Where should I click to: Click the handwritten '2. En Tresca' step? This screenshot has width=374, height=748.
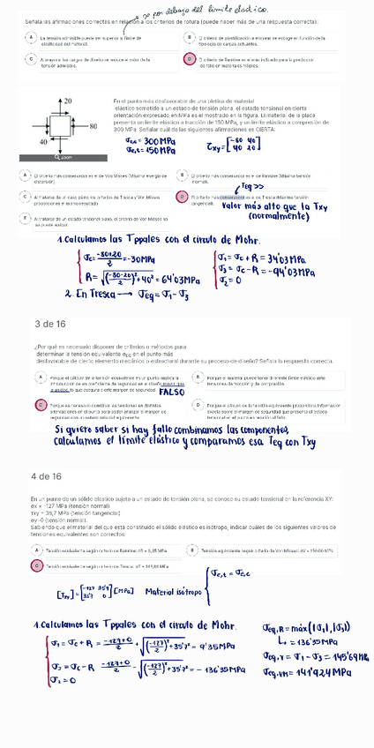pos(88,295)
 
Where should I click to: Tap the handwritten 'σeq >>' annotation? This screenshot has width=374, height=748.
pos(251,187)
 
